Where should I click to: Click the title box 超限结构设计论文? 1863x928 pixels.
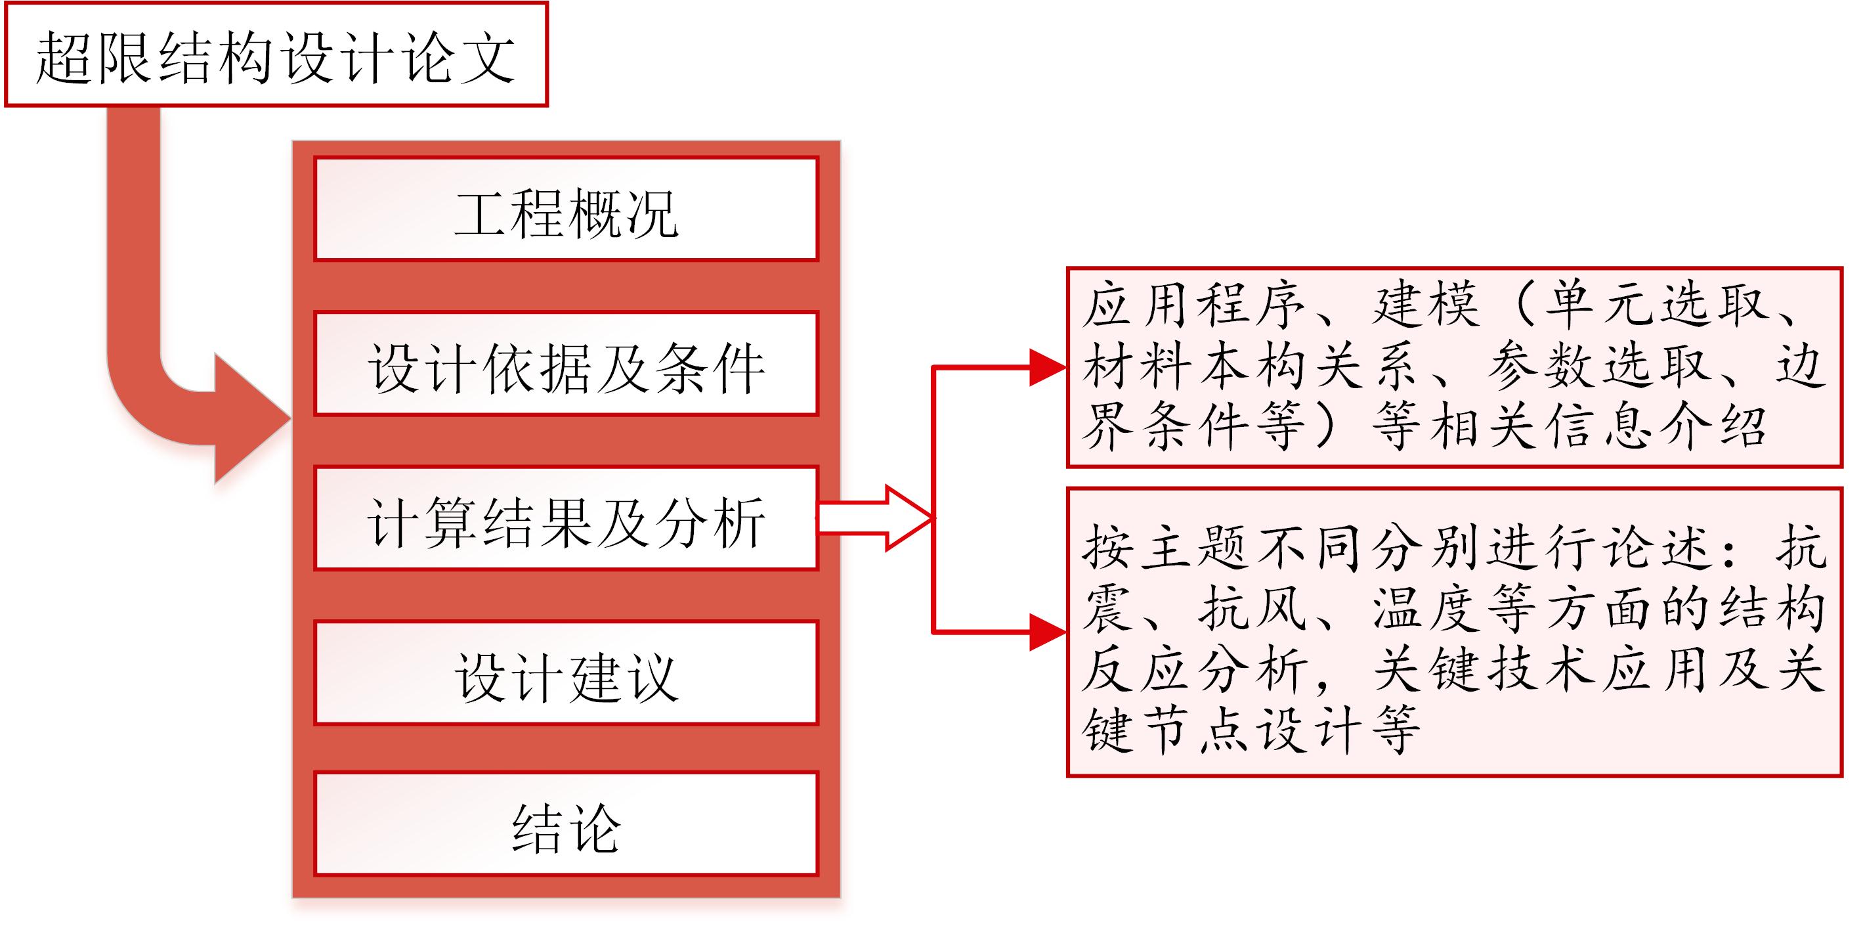(x=276, y=55)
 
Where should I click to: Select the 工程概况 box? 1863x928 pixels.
(x=567, y=208)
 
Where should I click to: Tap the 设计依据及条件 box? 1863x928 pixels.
(x=567, y=363)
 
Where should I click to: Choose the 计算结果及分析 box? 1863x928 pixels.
(x=567, y=518)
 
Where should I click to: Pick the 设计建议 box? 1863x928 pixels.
(x=567, y=673)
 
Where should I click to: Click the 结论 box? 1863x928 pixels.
(x=567, y=824)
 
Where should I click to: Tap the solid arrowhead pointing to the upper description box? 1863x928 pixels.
(x=1048, y=367)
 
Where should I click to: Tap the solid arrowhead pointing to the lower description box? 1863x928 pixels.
(x=1048, y=632)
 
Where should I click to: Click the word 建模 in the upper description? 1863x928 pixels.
(x=1426, y=304)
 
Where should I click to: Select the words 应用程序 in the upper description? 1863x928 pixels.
(x=1194, y=304)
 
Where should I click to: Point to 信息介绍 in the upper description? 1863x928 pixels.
(x=1656, y=426)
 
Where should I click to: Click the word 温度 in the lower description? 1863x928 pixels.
(x=1426, y=608)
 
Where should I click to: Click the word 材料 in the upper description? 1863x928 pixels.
(x=1138, y=365)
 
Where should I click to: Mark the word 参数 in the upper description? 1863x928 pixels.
(x=1543, y=365)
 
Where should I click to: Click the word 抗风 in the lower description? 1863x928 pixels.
(x=1253, y=608)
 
